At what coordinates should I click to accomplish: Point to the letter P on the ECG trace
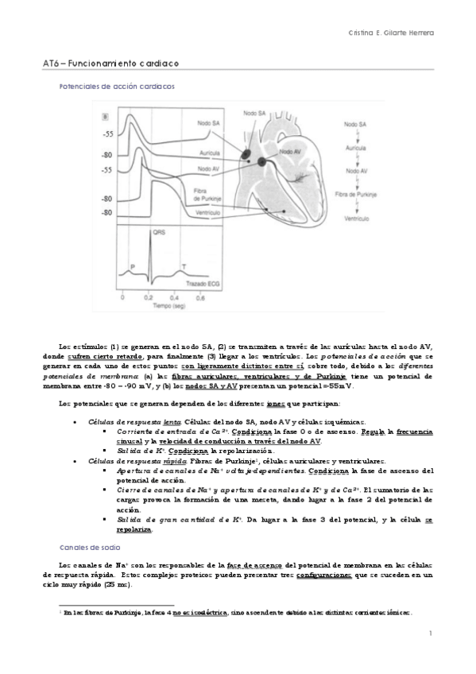133,266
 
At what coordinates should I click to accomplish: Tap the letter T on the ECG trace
184,266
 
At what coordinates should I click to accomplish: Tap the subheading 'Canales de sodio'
87,548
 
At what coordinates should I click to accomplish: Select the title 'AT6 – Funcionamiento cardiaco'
110,61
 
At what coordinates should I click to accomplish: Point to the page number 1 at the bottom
429,633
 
